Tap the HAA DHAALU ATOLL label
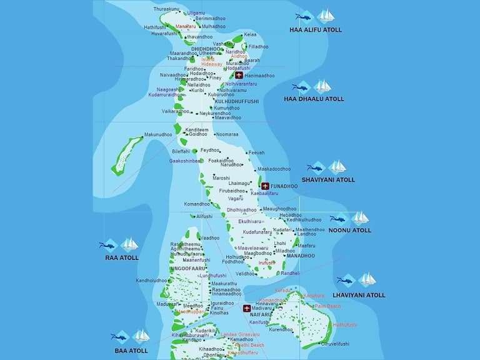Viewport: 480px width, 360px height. (x=314, y=99)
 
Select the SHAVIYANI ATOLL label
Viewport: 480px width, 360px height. (x=328, y=179)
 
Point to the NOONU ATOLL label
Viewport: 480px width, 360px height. (x=350, y=230)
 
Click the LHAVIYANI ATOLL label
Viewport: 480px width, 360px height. (x=358, y=294)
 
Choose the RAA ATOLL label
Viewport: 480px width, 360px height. (x=122, y=257)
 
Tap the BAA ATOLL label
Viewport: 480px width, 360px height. (x=130, y=351)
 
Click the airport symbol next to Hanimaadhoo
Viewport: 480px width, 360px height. (x=239, y=76)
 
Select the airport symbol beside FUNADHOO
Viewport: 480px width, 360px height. (x=265, y=186)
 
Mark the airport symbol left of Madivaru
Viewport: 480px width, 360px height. (x=247, y=308)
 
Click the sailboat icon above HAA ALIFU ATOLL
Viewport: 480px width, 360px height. (x=326, y=16)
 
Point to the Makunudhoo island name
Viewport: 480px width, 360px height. (x=157, y=134)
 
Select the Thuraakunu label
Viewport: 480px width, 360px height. (x=166, y=9)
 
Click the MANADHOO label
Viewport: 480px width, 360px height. (x=301, y=256)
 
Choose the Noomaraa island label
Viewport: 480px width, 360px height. (x=227, y=134)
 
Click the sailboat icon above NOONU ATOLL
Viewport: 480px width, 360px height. (x=359, y=217)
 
